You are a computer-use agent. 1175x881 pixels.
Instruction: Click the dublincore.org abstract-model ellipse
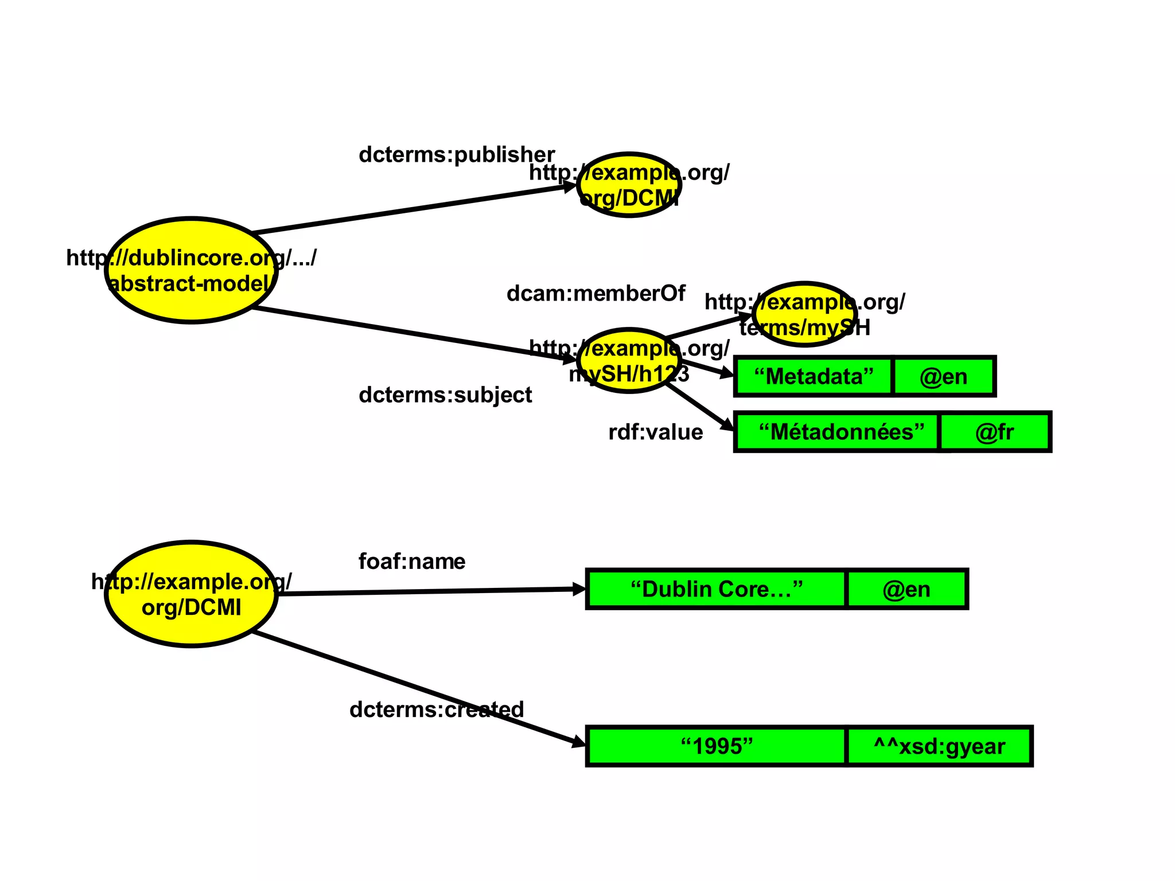click(x=191, y=270)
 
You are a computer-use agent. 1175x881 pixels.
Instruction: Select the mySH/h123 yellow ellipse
click(x=629, y=361)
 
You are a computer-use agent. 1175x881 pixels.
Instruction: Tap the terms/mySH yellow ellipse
click(x=804, y=314)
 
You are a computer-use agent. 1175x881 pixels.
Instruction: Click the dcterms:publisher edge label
click(x=456, y=154)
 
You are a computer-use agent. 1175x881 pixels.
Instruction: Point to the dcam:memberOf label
click(x=595, y=293)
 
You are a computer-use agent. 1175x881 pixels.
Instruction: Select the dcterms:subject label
click(x=445, y=395)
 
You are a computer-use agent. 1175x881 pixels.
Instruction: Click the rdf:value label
click(x=655, y=432)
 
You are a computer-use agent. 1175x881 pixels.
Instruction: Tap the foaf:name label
click(x=411, y=561)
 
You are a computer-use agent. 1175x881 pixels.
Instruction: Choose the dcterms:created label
click(x=436, y=710)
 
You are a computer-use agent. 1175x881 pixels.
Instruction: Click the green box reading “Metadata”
click(x=813, y=376)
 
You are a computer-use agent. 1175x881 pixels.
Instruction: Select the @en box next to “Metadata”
click(x=944, y=376)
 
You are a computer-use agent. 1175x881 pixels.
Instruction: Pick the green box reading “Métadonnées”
click(x=837, y=431)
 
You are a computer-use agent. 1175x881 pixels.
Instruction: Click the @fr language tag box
click(x=994, y=431)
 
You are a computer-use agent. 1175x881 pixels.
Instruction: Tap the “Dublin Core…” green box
click(x=715, y=589)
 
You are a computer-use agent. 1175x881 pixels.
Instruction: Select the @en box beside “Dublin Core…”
click(x=906, y=589)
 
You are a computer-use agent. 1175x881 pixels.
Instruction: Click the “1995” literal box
click(x=715, y=746)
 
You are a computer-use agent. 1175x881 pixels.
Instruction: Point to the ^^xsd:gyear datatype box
click(x=939, y=746)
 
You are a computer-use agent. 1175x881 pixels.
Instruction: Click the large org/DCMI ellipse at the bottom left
click(x=191, y=594)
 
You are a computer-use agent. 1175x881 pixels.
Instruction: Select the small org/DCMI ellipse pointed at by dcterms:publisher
click(x=629, y=185)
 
